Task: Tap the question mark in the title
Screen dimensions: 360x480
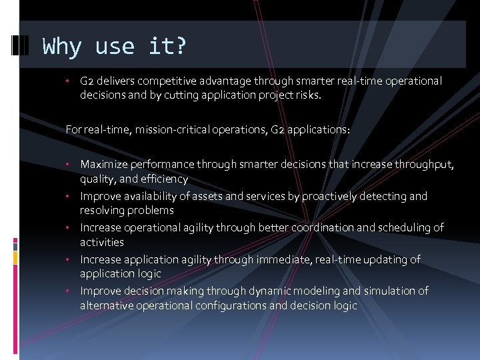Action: click(180, 47)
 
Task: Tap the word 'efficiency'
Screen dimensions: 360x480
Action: click(164, 179)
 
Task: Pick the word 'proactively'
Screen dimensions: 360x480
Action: click(331, 196)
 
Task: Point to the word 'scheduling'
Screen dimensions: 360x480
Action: click(404, 227)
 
